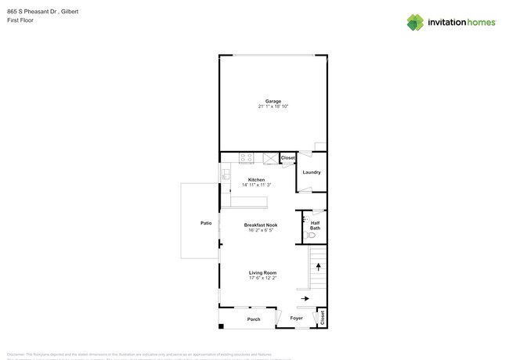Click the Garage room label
(273, 101)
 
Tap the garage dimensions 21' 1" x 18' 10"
(273, 106)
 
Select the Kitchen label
(257, 179)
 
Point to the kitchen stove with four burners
(247, 157)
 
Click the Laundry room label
(312, 172)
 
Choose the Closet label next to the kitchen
(287, 158)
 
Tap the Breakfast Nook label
(261, 225)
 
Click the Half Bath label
(314, 225)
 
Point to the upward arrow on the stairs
(318, 267)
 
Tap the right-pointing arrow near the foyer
(305, 298)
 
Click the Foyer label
(296, 319)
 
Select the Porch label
(254, 319)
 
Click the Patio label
(206, 224)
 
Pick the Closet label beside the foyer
(322, 317)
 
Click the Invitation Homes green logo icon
(415, 22)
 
